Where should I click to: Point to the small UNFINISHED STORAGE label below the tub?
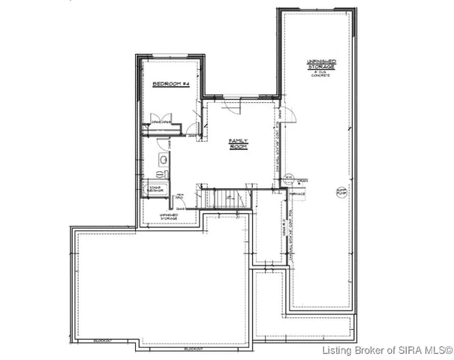pos(168,216)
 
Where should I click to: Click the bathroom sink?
pos(163,160)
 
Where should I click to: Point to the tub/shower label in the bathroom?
pos(156,189)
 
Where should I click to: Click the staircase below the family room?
pos(223,199)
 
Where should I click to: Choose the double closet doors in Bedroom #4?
pos(162,122)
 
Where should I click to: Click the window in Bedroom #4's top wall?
pos(171,57)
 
